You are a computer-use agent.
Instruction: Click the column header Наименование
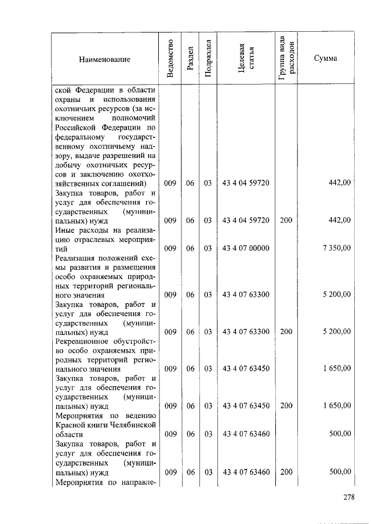pos(105,59)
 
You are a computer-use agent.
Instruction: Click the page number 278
pos(348,497)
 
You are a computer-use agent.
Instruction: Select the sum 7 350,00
pos(336,248)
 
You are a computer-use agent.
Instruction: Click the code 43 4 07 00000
pos(246,248)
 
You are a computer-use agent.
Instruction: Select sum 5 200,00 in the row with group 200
pos(336,331)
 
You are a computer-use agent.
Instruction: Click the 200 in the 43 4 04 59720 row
pos(286,220)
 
